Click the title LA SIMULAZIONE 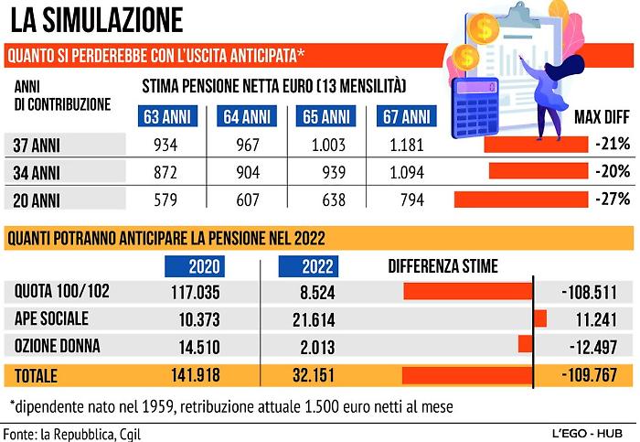coord(96,19)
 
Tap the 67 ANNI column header coord(404,116)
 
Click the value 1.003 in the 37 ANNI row coord(326,145)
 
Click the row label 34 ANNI coord(36,171)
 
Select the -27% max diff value coord(611,199)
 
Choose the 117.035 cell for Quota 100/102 coord(197,293)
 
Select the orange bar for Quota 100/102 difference coord(467,292)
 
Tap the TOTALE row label coord(36,375)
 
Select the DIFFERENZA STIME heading coord(443,266)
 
